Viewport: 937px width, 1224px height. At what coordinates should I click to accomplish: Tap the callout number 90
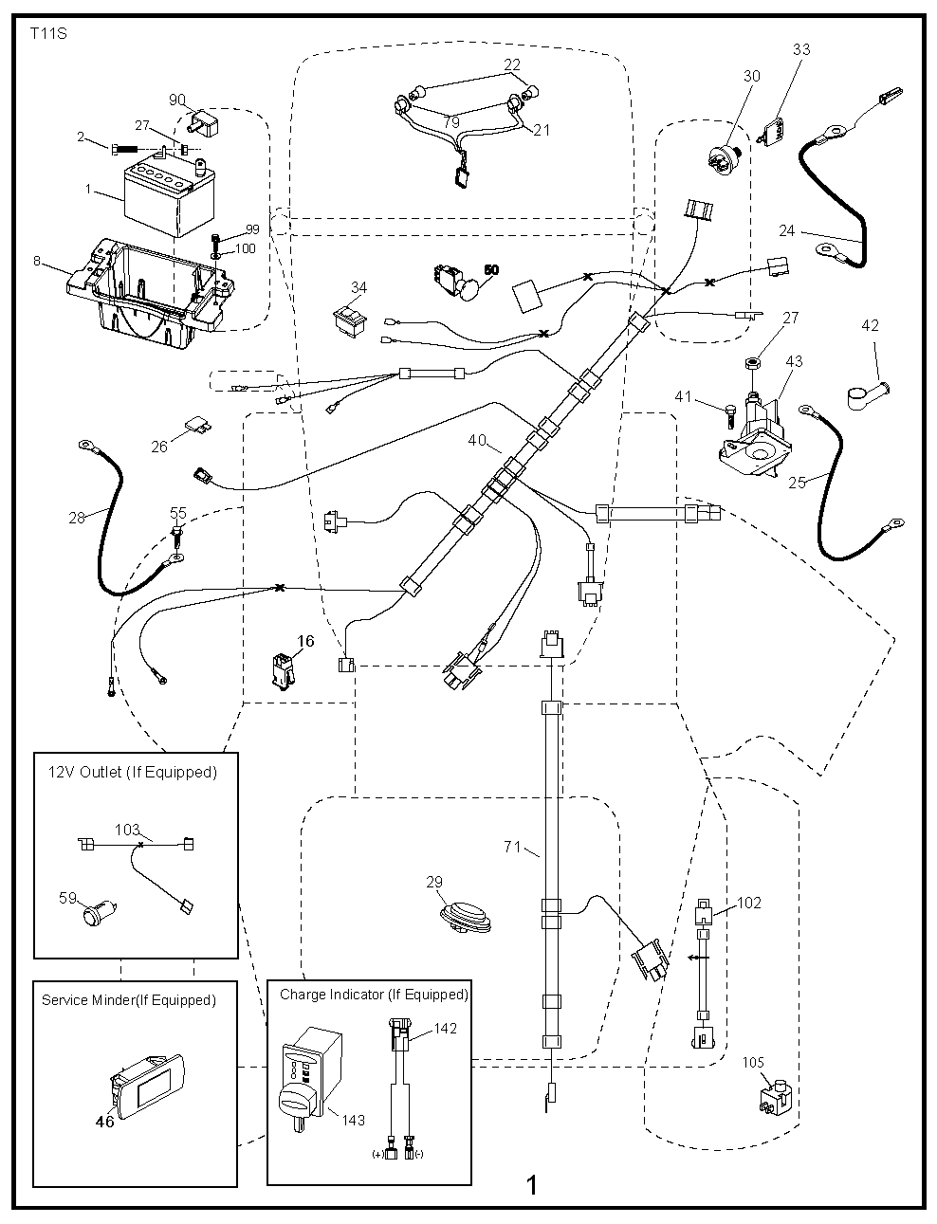tap(177, 100)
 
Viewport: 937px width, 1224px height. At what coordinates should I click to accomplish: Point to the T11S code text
tap(36, 32)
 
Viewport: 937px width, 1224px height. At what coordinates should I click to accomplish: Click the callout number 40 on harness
tap(477, 440)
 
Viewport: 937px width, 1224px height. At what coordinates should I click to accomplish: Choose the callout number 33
tap(801, 49)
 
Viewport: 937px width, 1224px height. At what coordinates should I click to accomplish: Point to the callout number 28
tap(77, 518)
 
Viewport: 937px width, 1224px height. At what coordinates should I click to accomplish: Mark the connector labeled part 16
tap(284, 669)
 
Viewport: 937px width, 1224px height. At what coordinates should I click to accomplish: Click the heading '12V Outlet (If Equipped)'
tap(133, 772)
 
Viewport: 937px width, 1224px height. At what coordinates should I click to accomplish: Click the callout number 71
tap(513, 847)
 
